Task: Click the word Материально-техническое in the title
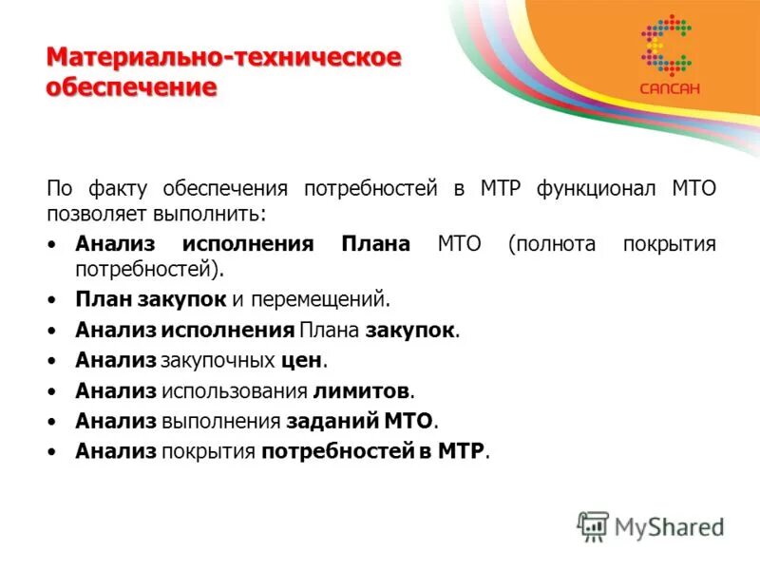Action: [x=223, y=58]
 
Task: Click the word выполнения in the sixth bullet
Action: [x=219, y=420]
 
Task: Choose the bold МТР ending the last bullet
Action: [x=463, y=450]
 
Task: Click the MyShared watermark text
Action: [x=670, y=526]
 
